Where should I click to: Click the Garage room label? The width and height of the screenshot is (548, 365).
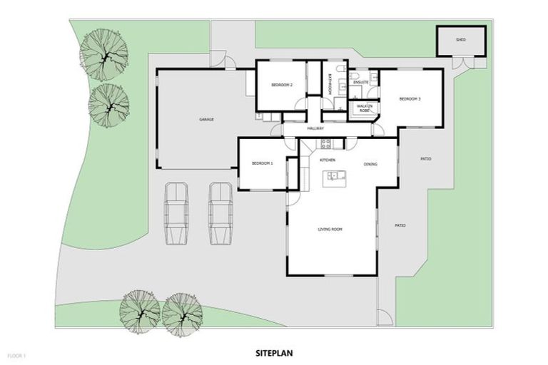pos(206,119)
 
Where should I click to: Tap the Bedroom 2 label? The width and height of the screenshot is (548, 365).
pos(282,86)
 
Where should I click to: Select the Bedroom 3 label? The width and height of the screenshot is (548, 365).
pos(410,98)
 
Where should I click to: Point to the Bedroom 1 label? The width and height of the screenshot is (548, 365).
pos(263,164)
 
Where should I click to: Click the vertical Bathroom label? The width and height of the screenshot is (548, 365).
pos(330,85)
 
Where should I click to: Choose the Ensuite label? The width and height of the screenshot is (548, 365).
pos(360,83)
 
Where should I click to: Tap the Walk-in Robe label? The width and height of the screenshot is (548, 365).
pos(363,108)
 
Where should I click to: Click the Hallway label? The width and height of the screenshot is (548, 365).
pos(315,128)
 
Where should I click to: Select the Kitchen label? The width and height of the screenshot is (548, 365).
pos(328,160)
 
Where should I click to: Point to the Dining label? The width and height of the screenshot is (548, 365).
pos(370,165)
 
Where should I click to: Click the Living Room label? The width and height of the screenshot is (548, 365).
pos(330,230)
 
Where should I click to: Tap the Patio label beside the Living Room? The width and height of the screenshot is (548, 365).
pos(400,226)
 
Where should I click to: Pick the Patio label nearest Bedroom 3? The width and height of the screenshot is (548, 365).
pos(425,159)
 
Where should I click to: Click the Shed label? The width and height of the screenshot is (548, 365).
pos(461,40)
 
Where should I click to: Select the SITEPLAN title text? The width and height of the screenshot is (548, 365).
pos(274,352)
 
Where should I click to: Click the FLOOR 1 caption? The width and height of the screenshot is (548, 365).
pos(16,354)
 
